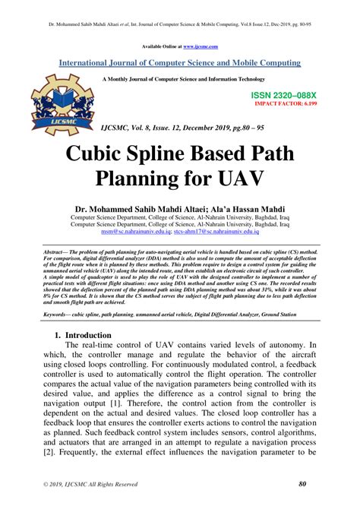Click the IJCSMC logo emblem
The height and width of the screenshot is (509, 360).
point(61,106)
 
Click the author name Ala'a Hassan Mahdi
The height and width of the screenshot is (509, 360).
point(248,207)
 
